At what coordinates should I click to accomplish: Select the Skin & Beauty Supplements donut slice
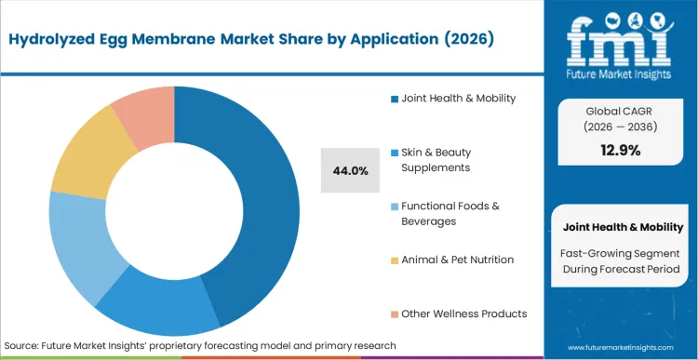click(x=158, y=312)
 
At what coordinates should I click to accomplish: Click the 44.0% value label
click(x=351, y=170)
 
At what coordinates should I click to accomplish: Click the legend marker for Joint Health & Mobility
click(x=395, y=99)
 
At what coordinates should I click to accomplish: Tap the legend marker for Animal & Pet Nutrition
click(x=395, y=260)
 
